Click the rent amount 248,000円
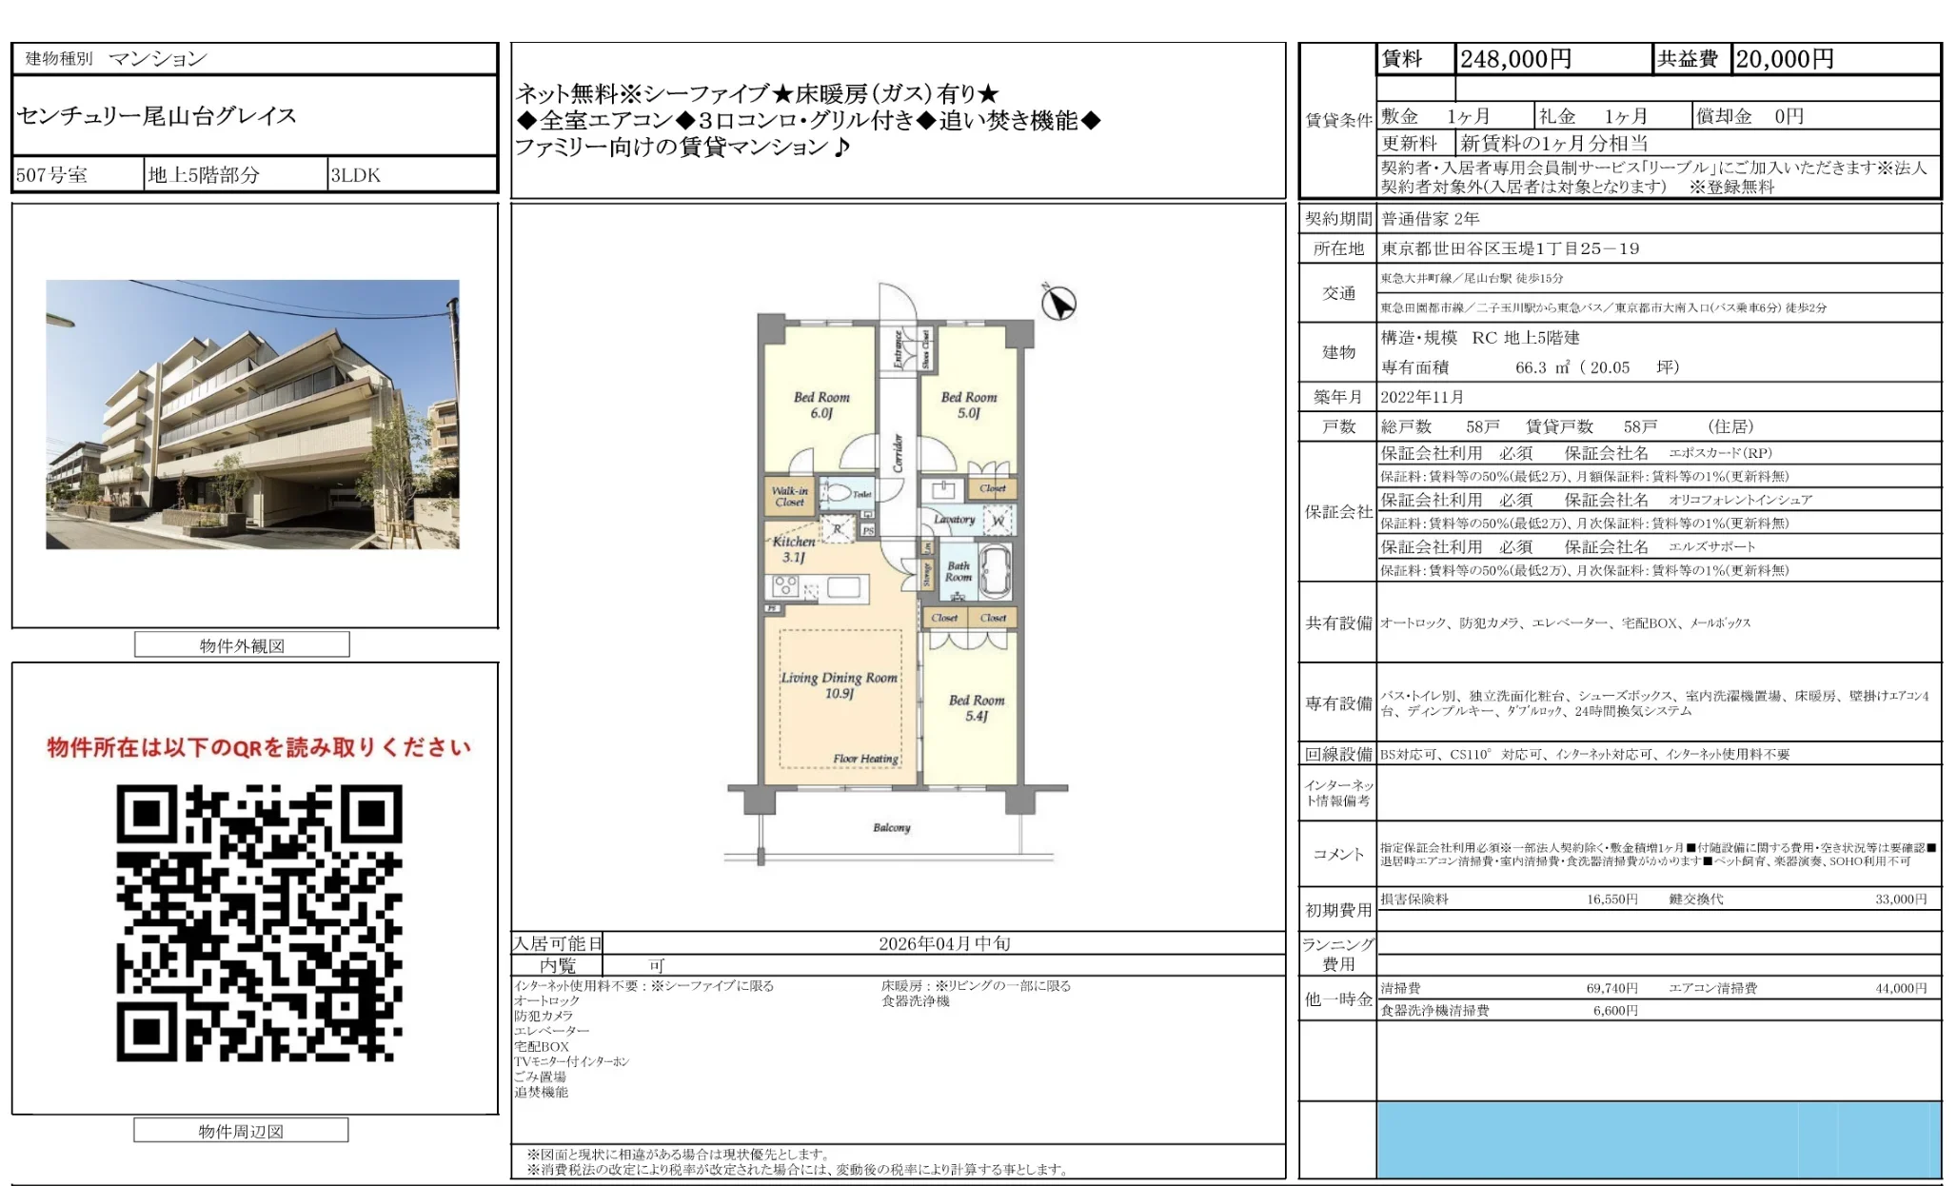coord(1515,59)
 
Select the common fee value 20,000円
coord(1784,59)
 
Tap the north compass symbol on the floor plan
coord(1058,303)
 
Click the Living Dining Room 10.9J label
coord(839,684)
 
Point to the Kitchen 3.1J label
coord(793,548)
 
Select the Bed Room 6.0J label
coord(820,405)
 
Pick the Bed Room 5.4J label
coord(976,707)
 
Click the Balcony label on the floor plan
coord(891,827)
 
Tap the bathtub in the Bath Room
coord(995,568)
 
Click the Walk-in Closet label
coord(789,496)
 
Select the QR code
coord(259,921)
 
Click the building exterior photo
coord(252,414)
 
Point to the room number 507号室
coord(52,175)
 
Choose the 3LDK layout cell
coord(356,175)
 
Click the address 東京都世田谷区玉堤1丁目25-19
coord(1510,248)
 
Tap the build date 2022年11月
coord(1422,397)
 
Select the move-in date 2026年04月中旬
coord(943,943)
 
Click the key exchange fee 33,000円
coord(1900,899)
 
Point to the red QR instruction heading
coord(259,747)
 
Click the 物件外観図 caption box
coord(242,645)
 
